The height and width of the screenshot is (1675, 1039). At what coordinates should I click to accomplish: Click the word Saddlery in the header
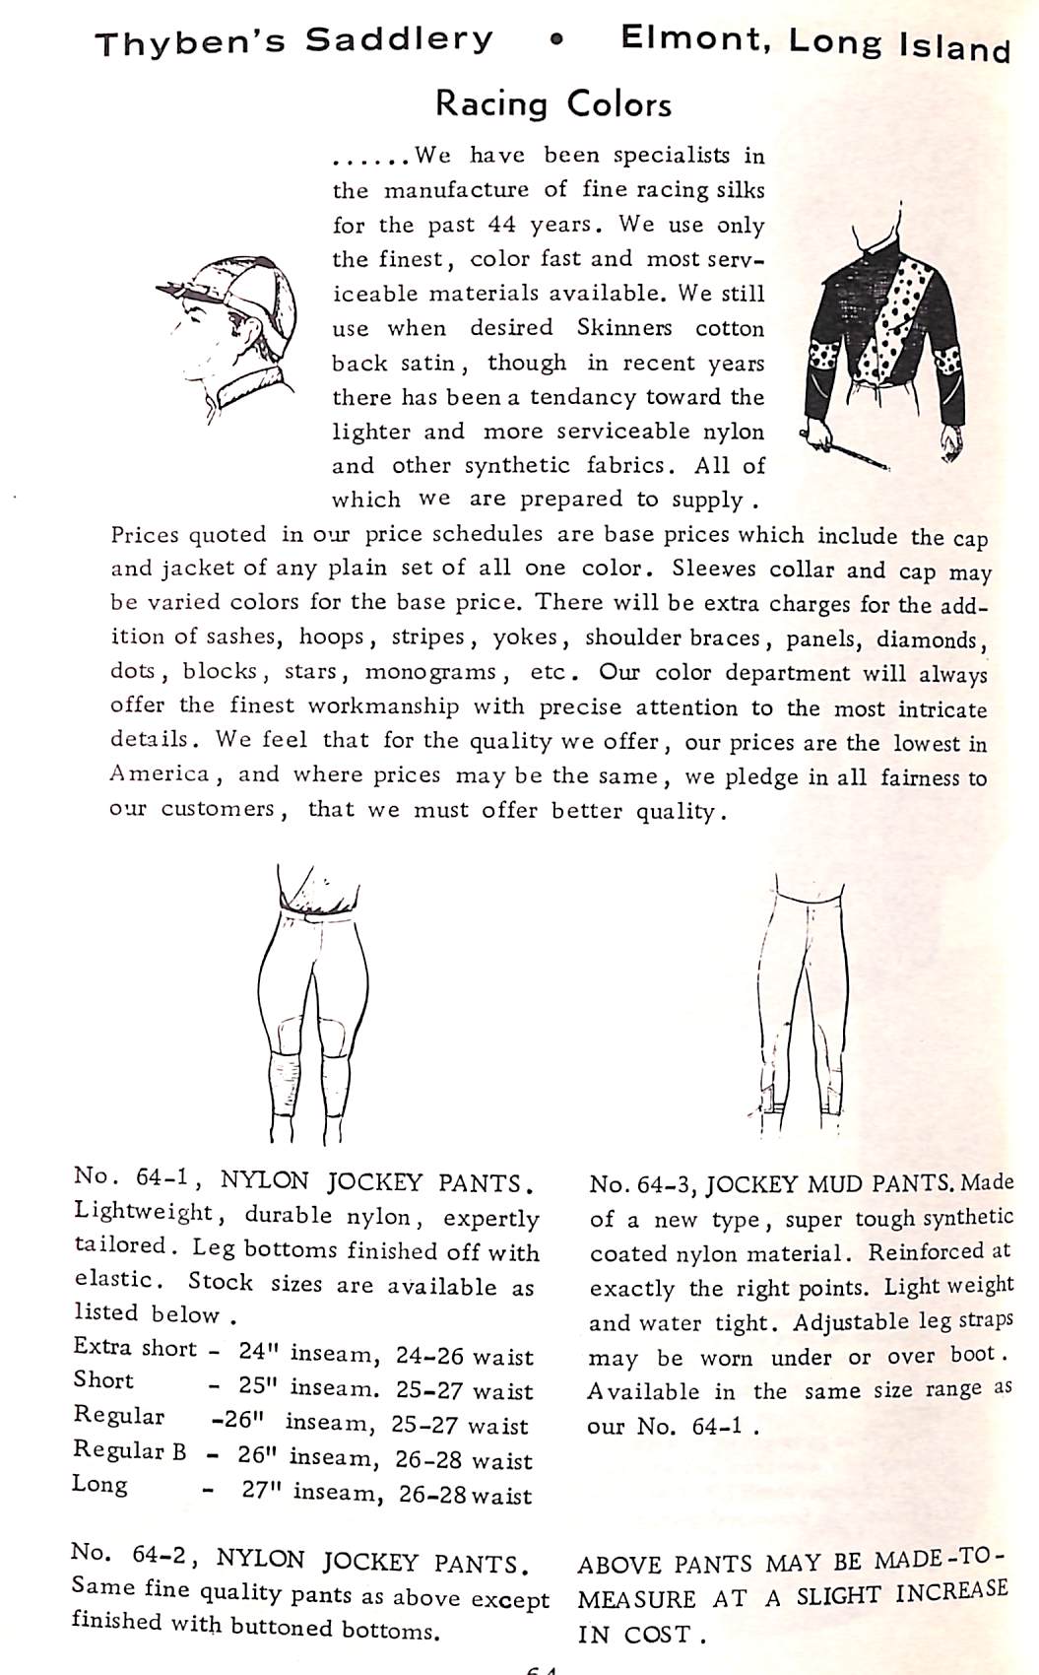coord(398,40)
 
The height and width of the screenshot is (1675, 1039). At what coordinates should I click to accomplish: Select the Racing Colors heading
coord(553,103)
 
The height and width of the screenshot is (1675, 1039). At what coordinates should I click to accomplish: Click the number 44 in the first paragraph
coord(501,225)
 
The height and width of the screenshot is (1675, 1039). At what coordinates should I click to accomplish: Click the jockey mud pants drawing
coord(802,995)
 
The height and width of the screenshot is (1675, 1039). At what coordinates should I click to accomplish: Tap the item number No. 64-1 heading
coord(137,1177)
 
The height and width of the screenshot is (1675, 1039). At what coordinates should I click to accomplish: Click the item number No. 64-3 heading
coord(643,1185)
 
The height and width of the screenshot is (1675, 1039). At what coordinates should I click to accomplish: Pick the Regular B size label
coord(129,1451)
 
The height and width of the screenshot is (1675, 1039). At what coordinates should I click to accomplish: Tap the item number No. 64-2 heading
coord(127,1555)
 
